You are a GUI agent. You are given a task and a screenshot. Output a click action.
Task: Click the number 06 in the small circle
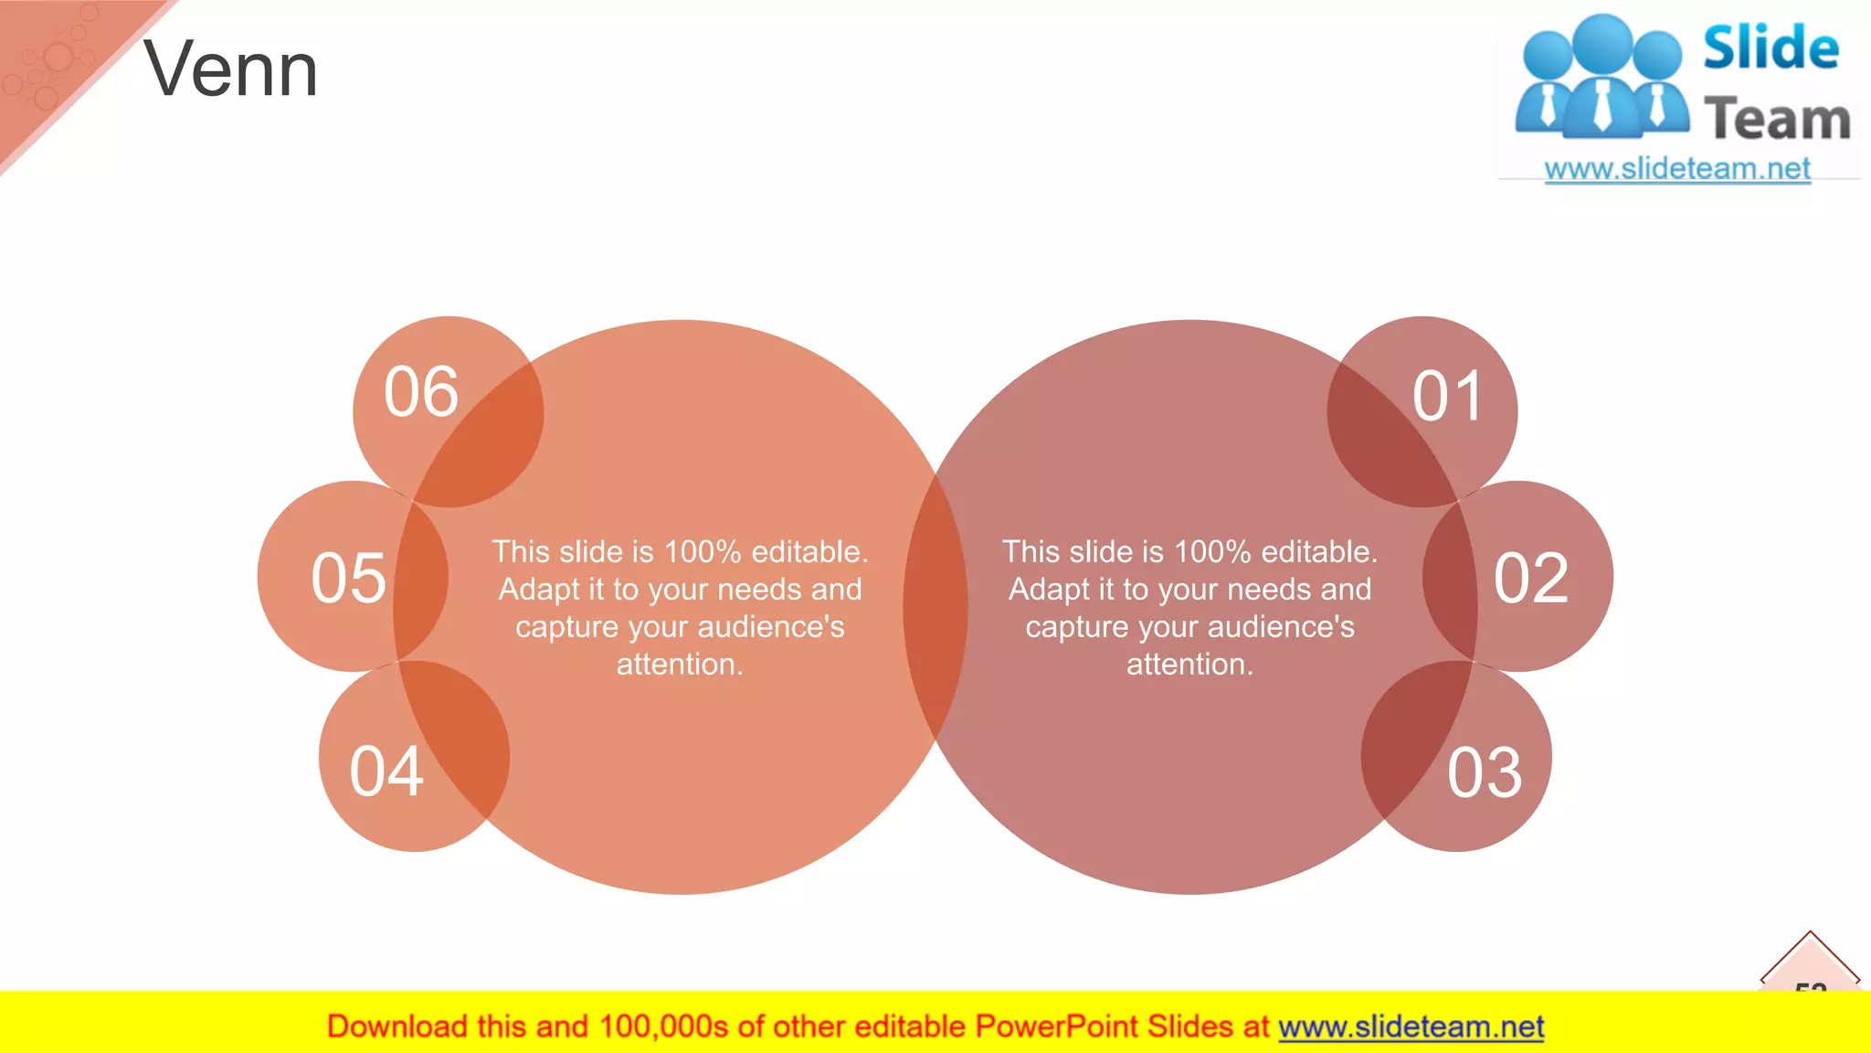coord(420,392)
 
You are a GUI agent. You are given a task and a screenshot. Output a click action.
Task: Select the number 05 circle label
coord(348,578)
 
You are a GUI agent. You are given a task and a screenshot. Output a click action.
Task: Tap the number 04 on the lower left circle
coord(386,771)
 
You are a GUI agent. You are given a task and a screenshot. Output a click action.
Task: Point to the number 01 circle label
coord(1447,397)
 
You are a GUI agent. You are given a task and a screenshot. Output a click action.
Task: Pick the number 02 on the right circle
coord(1531,578)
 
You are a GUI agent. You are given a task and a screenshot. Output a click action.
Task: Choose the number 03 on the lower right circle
coord(1485,773)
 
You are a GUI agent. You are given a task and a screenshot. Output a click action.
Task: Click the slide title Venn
coord(230,69)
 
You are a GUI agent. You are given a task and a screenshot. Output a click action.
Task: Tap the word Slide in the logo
coord(1771,48)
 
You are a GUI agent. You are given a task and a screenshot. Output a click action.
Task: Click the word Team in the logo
coord(1776,120)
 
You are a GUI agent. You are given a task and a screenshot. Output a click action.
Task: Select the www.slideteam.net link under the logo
coord(1676,169)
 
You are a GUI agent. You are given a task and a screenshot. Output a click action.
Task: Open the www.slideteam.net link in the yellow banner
coord(1411,1026)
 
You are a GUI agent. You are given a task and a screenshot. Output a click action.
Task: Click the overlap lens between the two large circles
coord(935,608)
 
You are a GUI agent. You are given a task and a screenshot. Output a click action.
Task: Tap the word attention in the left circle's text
coord(678,665)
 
